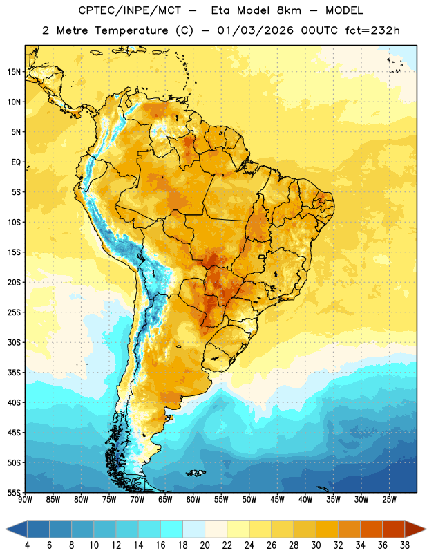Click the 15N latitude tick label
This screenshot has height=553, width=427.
tap(14, 72)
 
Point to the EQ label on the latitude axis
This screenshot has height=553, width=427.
tap(16, 162)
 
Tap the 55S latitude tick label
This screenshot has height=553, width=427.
tap(14, 492)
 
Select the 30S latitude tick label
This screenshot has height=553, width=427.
tap(14, 342)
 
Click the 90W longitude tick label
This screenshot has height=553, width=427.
tap(25, 499)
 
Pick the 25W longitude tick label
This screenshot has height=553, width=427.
tap(389, 499)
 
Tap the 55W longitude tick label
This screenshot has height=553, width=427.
tap(221, 499)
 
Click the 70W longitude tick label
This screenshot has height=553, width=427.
tap(137, 499)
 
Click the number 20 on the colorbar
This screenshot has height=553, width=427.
tap(205, 545)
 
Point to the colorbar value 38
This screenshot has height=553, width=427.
tap(405, 545)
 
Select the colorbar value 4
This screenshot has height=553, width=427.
tap(27, 545)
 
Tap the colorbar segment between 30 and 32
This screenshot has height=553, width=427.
tap(327, 529)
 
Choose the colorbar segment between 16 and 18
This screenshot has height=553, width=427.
tap(171, 529)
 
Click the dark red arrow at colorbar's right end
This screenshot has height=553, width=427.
tap(415, 529)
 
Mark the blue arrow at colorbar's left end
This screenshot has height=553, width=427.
tap(17, 529)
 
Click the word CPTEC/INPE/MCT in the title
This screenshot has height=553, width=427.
tap(129, 10)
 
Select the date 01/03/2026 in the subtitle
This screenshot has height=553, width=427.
tap(255, 30)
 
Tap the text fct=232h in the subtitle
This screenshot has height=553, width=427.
tap(372, 30)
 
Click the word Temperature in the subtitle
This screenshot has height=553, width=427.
tap(131, 31)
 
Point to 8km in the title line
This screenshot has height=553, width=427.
tap(289, 10)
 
